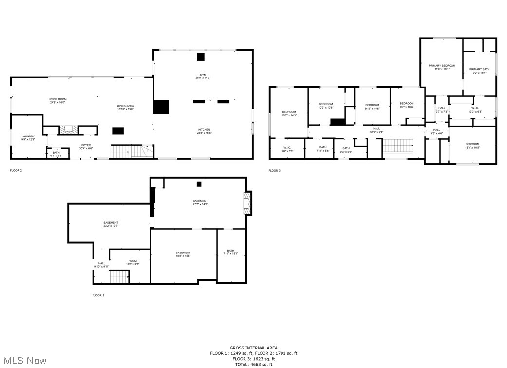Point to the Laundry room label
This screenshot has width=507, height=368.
[x=28, y=138]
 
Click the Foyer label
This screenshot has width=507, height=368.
[x=86, y=147]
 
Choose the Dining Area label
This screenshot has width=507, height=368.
[x=125, y=107]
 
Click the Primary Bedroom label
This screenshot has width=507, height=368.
[x=442, y=67]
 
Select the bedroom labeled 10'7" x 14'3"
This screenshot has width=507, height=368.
[x=289, y=114]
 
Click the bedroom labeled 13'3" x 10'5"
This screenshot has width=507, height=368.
[x=472, y=145]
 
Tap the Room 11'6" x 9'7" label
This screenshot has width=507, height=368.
[x=132, y=262]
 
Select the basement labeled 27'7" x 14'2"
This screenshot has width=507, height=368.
[x=200, y=203]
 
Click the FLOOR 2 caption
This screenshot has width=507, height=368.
[x=16, y=170]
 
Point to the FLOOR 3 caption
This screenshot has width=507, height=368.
[x=274, y=170]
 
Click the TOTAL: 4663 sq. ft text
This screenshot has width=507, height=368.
[x=253, y=364]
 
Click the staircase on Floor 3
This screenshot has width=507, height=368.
[x=398, y=145]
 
